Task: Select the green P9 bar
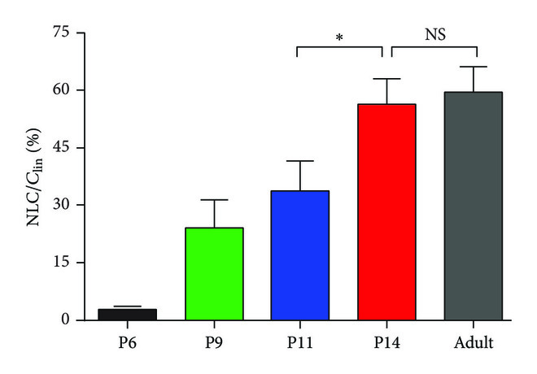coord(214,274)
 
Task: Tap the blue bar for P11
coord(300,255)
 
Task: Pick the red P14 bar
coord(386,211)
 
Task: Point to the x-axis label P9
coord(214,342)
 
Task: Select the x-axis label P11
coord(300,342)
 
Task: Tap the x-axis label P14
coord(386,342)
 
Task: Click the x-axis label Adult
coord(473,342)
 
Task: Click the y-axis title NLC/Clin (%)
coord(37,176)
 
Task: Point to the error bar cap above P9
coord(214,199)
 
